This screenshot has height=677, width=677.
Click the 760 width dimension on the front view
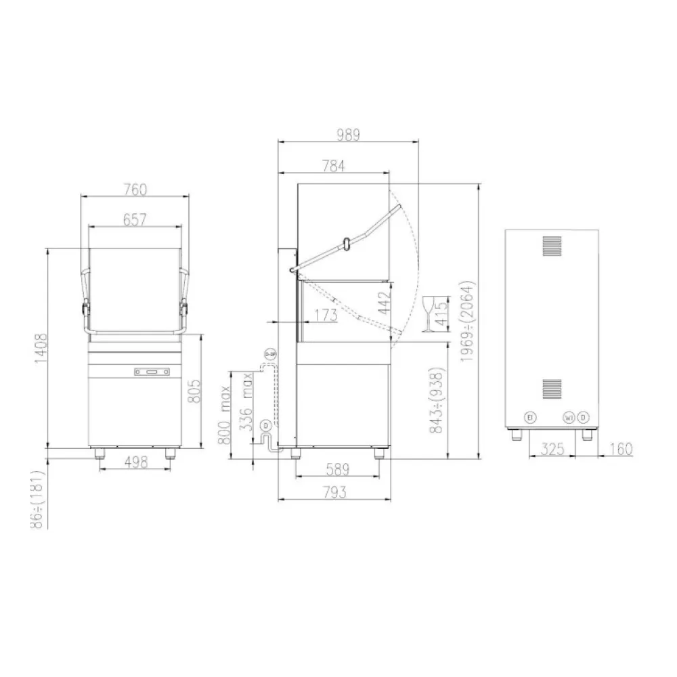pyautogui.click(x=135, y=190)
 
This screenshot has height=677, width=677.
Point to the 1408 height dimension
pyautogui.click(x=40, y=349)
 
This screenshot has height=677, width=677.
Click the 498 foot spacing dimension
pyautogui.click(x=135, y=462)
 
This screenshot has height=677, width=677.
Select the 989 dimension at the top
pyautogui.click(x=348, y=135)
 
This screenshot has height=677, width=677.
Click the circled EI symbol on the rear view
pyautogui.click(x=531, y=418)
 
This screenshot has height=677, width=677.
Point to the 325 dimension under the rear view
pyautogui.click(x=554, y=449)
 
